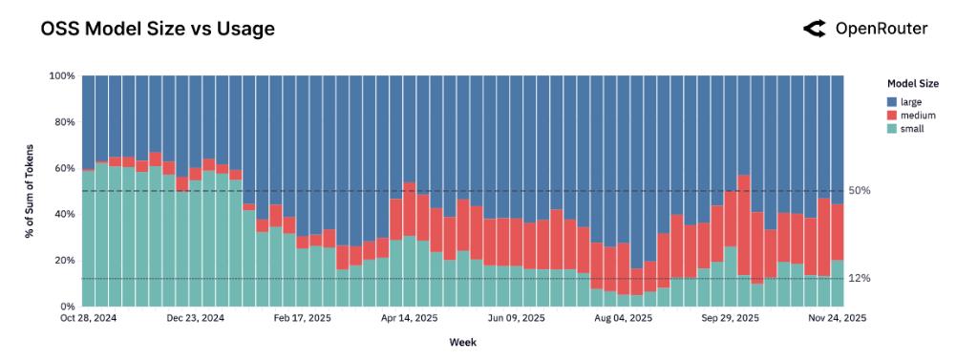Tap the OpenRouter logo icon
click(814, 29)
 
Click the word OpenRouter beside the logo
click(881, 29)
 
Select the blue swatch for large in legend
click(892, 101)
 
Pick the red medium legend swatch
click(892, 115)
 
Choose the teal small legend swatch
click(892, 128)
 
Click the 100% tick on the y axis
click(62, 75)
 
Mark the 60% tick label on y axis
click(64, 168)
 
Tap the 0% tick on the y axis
click(67, 307)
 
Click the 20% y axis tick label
click(64, 260)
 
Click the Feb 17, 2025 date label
click(303, 318)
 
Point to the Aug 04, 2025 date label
click(624, 318)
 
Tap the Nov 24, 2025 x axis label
click(838, 318)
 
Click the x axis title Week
click(463, 341)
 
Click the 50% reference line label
click(860, 191)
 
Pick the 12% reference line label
click(860, 279)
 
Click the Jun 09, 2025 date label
click(517, 318)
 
